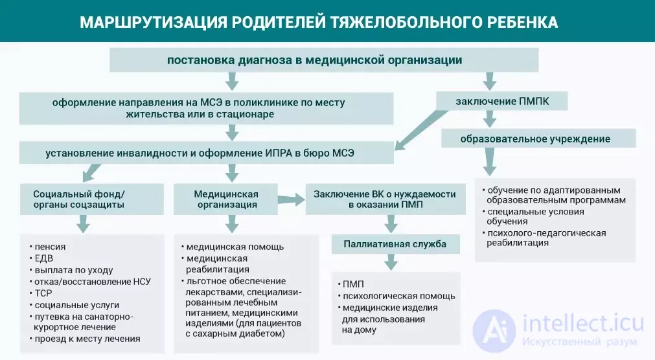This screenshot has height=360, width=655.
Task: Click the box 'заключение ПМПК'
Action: [501, 101]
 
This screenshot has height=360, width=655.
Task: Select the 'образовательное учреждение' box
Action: [538, 138]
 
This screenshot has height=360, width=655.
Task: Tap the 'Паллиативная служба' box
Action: [395, 244]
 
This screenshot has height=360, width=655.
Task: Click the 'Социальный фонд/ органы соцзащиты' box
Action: [92, 199]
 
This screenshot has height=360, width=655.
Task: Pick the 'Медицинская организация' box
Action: [225, 199]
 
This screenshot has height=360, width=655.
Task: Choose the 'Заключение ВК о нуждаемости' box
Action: [385, 199]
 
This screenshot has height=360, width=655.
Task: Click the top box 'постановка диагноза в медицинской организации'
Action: [324, 60]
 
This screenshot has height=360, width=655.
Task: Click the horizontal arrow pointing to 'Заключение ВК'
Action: [291, 199]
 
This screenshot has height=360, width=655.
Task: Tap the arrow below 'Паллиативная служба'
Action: [391, 262]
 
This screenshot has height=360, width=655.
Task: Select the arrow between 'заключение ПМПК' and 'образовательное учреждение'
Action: [490, 119]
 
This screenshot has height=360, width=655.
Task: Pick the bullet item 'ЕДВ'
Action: [41, 258]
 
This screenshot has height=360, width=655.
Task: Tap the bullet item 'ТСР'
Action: [41, 293]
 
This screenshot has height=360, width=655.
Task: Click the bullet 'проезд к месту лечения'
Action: [85, 339]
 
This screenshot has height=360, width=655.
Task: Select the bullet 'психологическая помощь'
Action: [396, 296]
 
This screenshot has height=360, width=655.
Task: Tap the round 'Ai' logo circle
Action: [494, 331]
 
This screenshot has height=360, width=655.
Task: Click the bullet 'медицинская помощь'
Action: [233, 247]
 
